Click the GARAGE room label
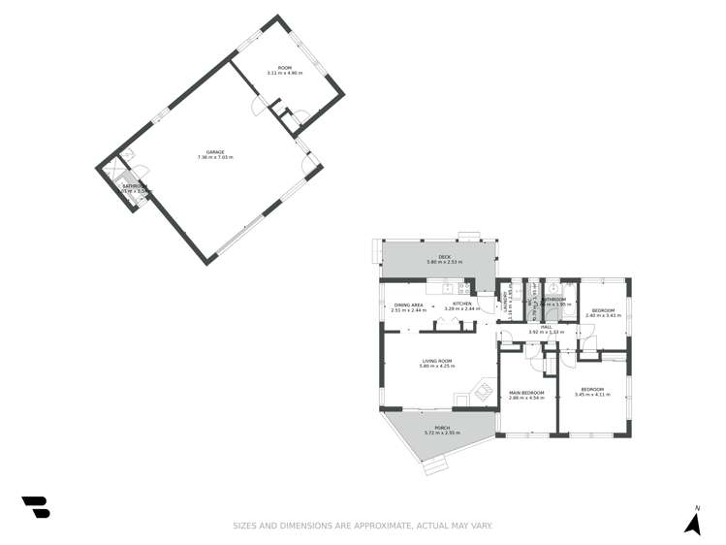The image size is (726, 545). pos(215,151)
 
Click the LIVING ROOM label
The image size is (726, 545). pos(437,361)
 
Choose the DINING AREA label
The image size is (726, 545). pos(409,305)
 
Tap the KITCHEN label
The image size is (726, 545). pos(462,305)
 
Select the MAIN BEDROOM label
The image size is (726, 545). pos(526,392)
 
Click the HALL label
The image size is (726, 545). pos(547,327)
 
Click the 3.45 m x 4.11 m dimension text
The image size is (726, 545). pos(593,395)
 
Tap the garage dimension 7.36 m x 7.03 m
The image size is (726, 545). pos(215,157)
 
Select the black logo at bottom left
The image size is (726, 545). pos(35,507)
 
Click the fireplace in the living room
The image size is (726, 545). pos(479,393)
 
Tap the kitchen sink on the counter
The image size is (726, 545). pos(448,287)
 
